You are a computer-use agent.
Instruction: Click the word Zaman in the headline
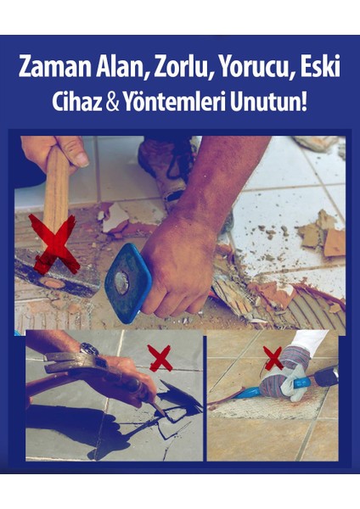pyautogui.click(x=56, y=68)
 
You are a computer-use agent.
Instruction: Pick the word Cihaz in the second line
pyautogui.click(x=80, y=103)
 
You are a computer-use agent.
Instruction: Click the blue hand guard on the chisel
pyautogui.click(x=127, y=283)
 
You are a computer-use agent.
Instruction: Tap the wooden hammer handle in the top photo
pyautogui.click(x=56, y=182)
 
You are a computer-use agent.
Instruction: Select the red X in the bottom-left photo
pyautogui.click(x=159, y=358)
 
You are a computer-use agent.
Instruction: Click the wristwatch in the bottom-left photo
pyautogui.click(x=88, y=349)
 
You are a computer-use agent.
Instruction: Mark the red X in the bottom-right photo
pyautogui.click(x=273, y=359)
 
